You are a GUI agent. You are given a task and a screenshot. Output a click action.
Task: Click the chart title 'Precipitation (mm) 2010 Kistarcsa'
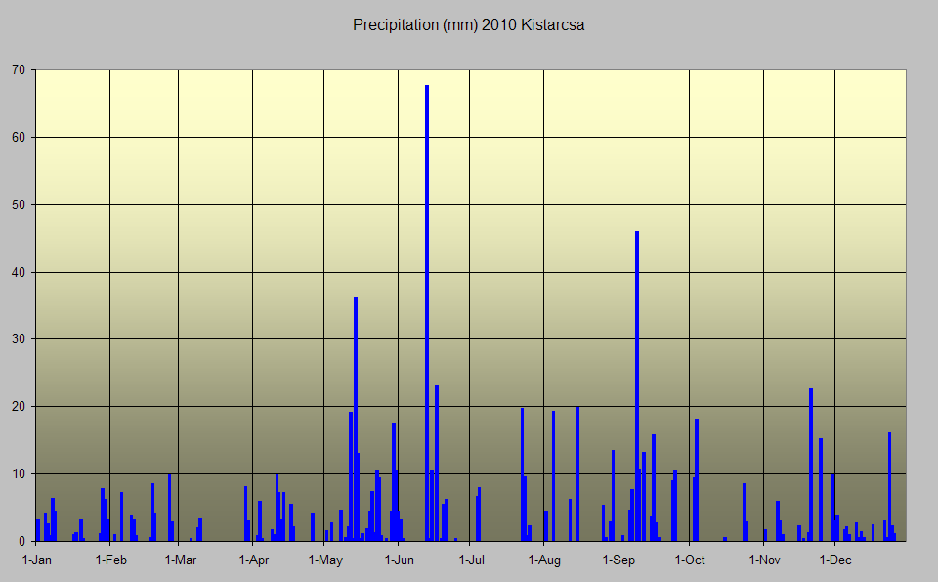click(x=468, y=25)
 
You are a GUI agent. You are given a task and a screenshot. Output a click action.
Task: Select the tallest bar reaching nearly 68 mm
click(x=427, y=313)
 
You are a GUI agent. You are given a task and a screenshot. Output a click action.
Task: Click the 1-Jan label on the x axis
click(x=37, y=560)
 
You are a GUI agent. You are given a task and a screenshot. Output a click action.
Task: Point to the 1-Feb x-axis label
click(x=110, y=560)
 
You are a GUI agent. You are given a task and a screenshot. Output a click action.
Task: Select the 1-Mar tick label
click(x=180, y=560)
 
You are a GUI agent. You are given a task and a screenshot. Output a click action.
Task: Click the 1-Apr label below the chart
click(x=254, y=560)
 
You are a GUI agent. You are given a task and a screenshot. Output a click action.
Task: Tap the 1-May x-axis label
click(x=325, y=560)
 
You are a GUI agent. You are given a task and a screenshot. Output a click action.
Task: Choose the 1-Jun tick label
click(x=400, y=560)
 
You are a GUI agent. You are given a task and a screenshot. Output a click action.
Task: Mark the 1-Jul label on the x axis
click(x=471, y=560)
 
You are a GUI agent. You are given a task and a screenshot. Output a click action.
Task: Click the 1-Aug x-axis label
click(x=544, y=560)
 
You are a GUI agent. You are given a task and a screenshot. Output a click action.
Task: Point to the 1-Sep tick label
click(x=618, y=560)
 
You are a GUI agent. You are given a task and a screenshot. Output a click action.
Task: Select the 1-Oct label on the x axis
click(x=690, y=560)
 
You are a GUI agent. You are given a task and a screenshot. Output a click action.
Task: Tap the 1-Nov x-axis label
click(x=764, y=560)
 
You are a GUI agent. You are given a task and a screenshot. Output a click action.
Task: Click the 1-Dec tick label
click(x=835, y=560)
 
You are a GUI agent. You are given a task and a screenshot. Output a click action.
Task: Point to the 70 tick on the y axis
click(x=19, y=70)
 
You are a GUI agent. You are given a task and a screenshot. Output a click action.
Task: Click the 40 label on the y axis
click(x=19, y=272)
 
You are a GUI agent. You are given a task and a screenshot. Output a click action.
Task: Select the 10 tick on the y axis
click(x=19, y=473)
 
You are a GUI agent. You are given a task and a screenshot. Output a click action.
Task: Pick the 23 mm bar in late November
click(x=811, y=465)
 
